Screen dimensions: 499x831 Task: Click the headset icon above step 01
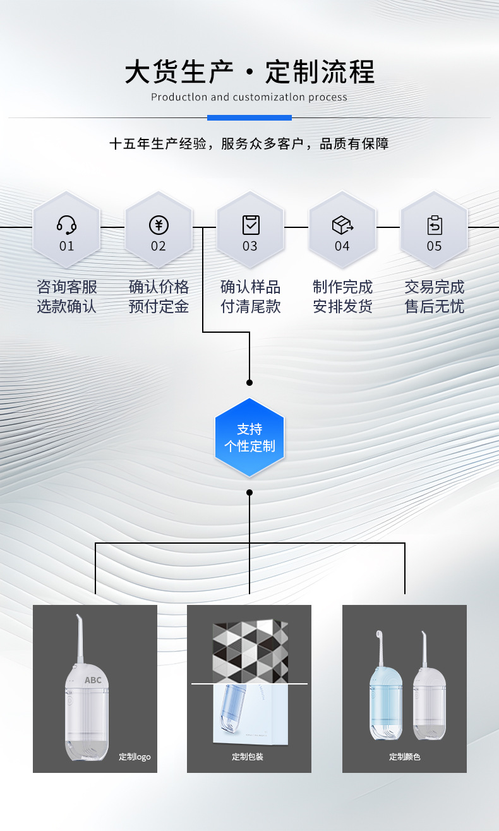[66, 224]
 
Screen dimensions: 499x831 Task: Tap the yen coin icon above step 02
[159, 225]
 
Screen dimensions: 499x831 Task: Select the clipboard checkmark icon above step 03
[251, 224]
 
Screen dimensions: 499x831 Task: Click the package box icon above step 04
[342, 224]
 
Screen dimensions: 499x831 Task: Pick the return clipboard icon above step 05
[435, 224]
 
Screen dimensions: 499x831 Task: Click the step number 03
[250, 246]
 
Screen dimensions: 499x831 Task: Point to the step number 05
[434, 246]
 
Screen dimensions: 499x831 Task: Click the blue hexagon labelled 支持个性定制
[249, 438]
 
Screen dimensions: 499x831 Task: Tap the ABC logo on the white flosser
[93, 680]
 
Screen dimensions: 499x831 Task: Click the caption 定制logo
[135, 756]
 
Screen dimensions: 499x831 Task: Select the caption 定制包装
[248, 756]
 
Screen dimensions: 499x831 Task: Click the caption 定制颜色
[404, 756]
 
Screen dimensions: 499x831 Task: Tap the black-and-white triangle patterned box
[250, 650]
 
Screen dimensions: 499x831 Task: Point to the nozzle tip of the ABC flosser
[78, 617]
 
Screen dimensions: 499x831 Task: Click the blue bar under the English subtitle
[249, 117]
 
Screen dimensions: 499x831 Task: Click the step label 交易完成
[434, 287]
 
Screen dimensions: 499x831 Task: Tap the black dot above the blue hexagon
[249, 383]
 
